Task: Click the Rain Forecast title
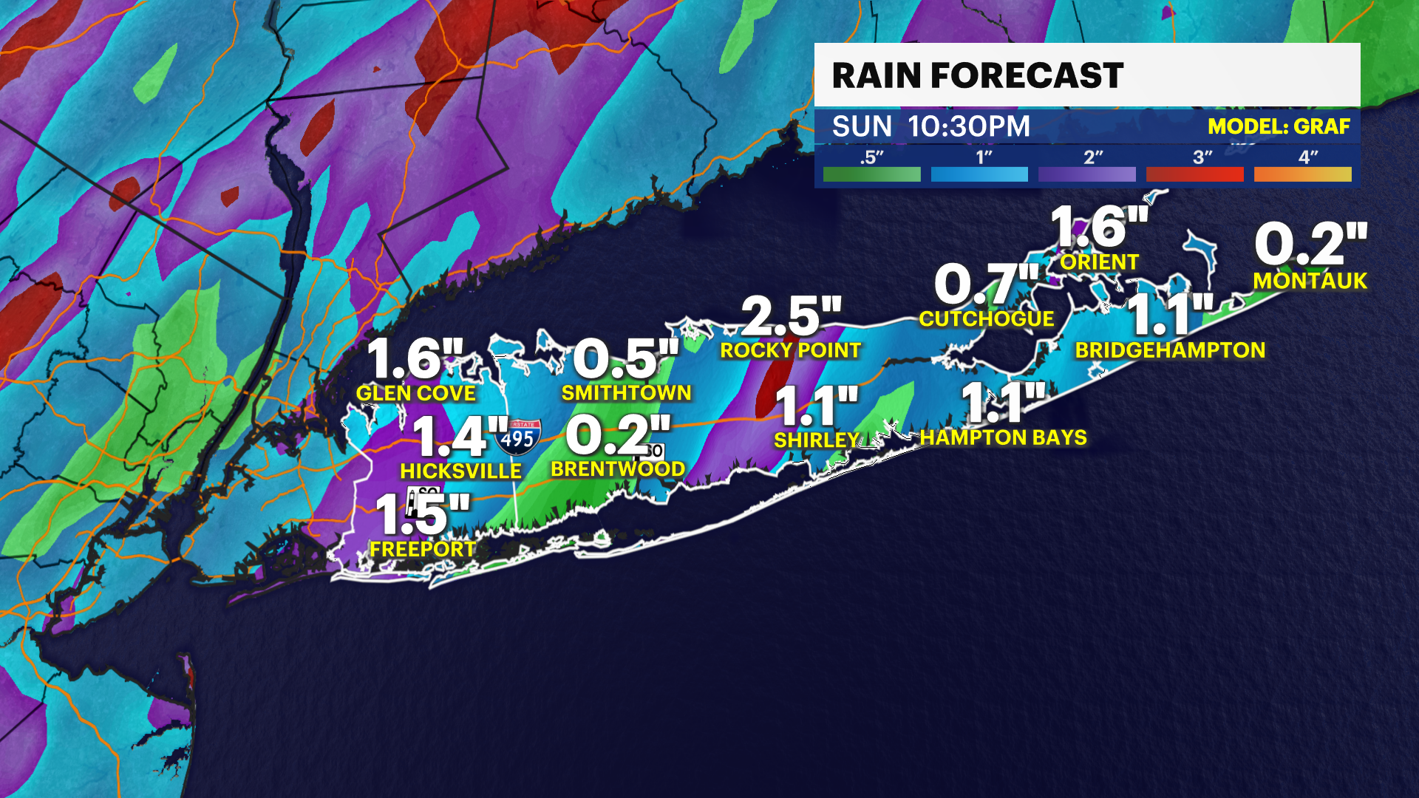click(x=977, y=75)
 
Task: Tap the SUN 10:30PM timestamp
click(x=930, y=126)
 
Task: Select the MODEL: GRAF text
click(x=1279, y=126)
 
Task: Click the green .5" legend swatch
click(x=871, y=174)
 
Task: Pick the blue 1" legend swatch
click(x=979, y=174)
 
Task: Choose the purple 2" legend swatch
click(x=1086, y=174)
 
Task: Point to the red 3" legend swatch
click(x=1194, y=174)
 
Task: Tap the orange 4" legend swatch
click(x=1302, y=174)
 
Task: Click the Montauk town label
click(x=1310, y=281)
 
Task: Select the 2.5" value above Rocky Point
click(x=791, y=316)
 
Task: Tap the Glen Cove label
click(x=415, y=393)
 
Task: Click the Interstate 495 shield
click(x=517, y=437)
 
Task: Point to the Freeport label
click(x=423, y=549)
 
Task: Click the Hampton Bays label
click(x=1003, y=437)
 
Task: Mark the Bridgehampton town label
click(x=1170, y=350)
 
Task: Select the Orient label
click(x=1099, y=262)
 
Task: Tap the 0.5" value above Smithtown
click(x=625, y=359)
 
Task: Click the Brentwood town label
click(x=618, y=469)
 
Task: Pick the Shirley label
click(x=816, y=440)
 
